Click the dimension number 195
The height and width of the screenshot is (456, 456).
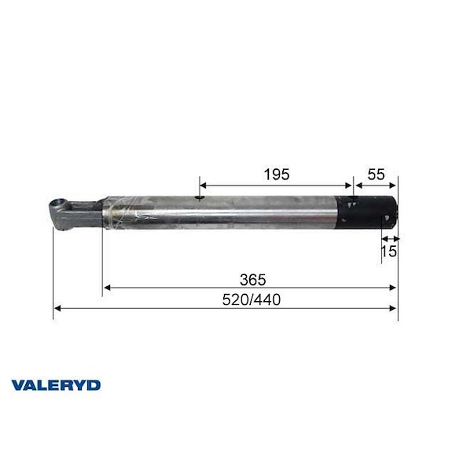point(277,173)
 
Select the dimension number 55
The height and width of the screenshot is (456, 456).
point(377,173)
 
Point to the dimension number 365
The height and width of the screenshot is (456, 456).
point(252,278)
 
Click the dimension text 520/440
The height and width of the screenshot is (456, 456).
point(252,300)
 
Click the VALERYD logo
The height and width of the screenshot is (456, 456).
point(56,385)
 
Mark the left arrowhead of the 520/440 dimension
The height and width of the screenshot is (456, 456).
point(57,309)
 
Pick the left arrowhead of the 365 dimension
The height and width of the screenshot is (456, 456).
point(107,288)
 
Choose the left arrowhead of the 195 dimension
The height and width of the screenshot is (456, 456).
point(203,186)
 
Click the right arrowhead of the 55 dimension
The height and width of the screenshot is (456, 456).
point(395,186)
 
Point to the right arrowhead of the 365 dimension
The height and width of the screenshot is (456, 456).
point(394,288)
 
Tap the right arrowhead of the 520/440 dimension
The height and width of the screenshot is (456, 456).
point(394,309)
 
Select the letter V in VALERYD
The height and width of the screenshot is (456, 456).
point(18,385)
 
